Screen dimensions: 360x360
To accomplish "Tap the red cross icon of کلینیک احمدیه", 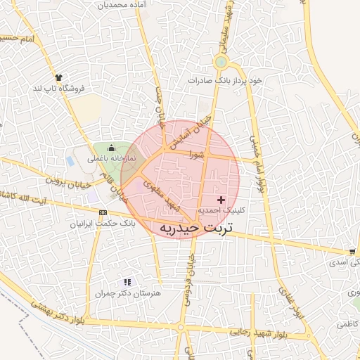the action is [222, 200].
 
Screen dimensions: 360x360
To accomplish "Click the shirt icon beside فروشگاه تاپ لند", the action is [58, 77].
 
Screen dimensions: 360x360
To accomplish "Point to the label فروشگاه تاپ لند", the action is [59, 89].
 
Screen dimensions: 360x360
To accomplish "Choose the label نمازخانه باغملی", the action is [110, 160].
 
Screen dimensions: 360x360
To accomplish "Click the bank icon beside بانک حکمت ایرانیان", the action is [103, 212].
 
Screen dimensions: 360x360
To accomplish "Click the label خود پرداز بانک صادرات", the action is [224, 81].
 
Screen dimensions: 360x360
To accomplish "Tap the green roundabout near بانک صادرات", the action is [221, 63].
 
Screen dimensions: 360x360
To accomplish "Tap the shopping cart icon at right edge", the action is [351, 251].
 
